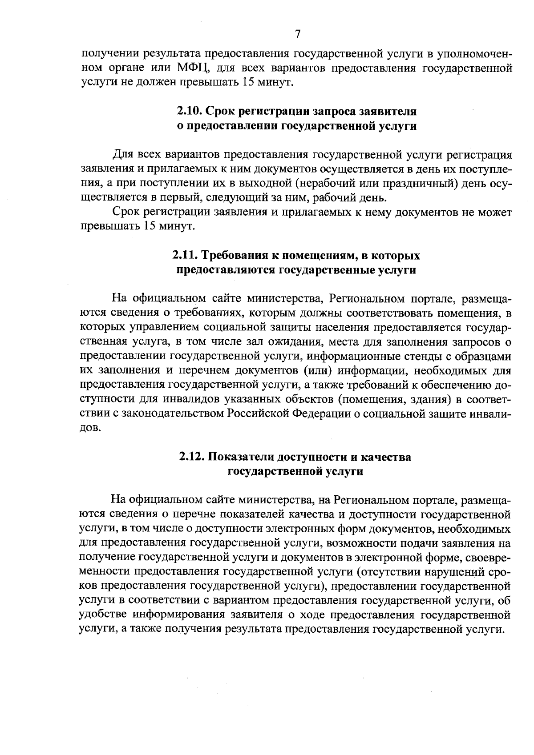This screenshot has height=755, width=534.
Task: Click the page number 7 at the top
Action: pyautogui.click(x=298, y=34)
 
